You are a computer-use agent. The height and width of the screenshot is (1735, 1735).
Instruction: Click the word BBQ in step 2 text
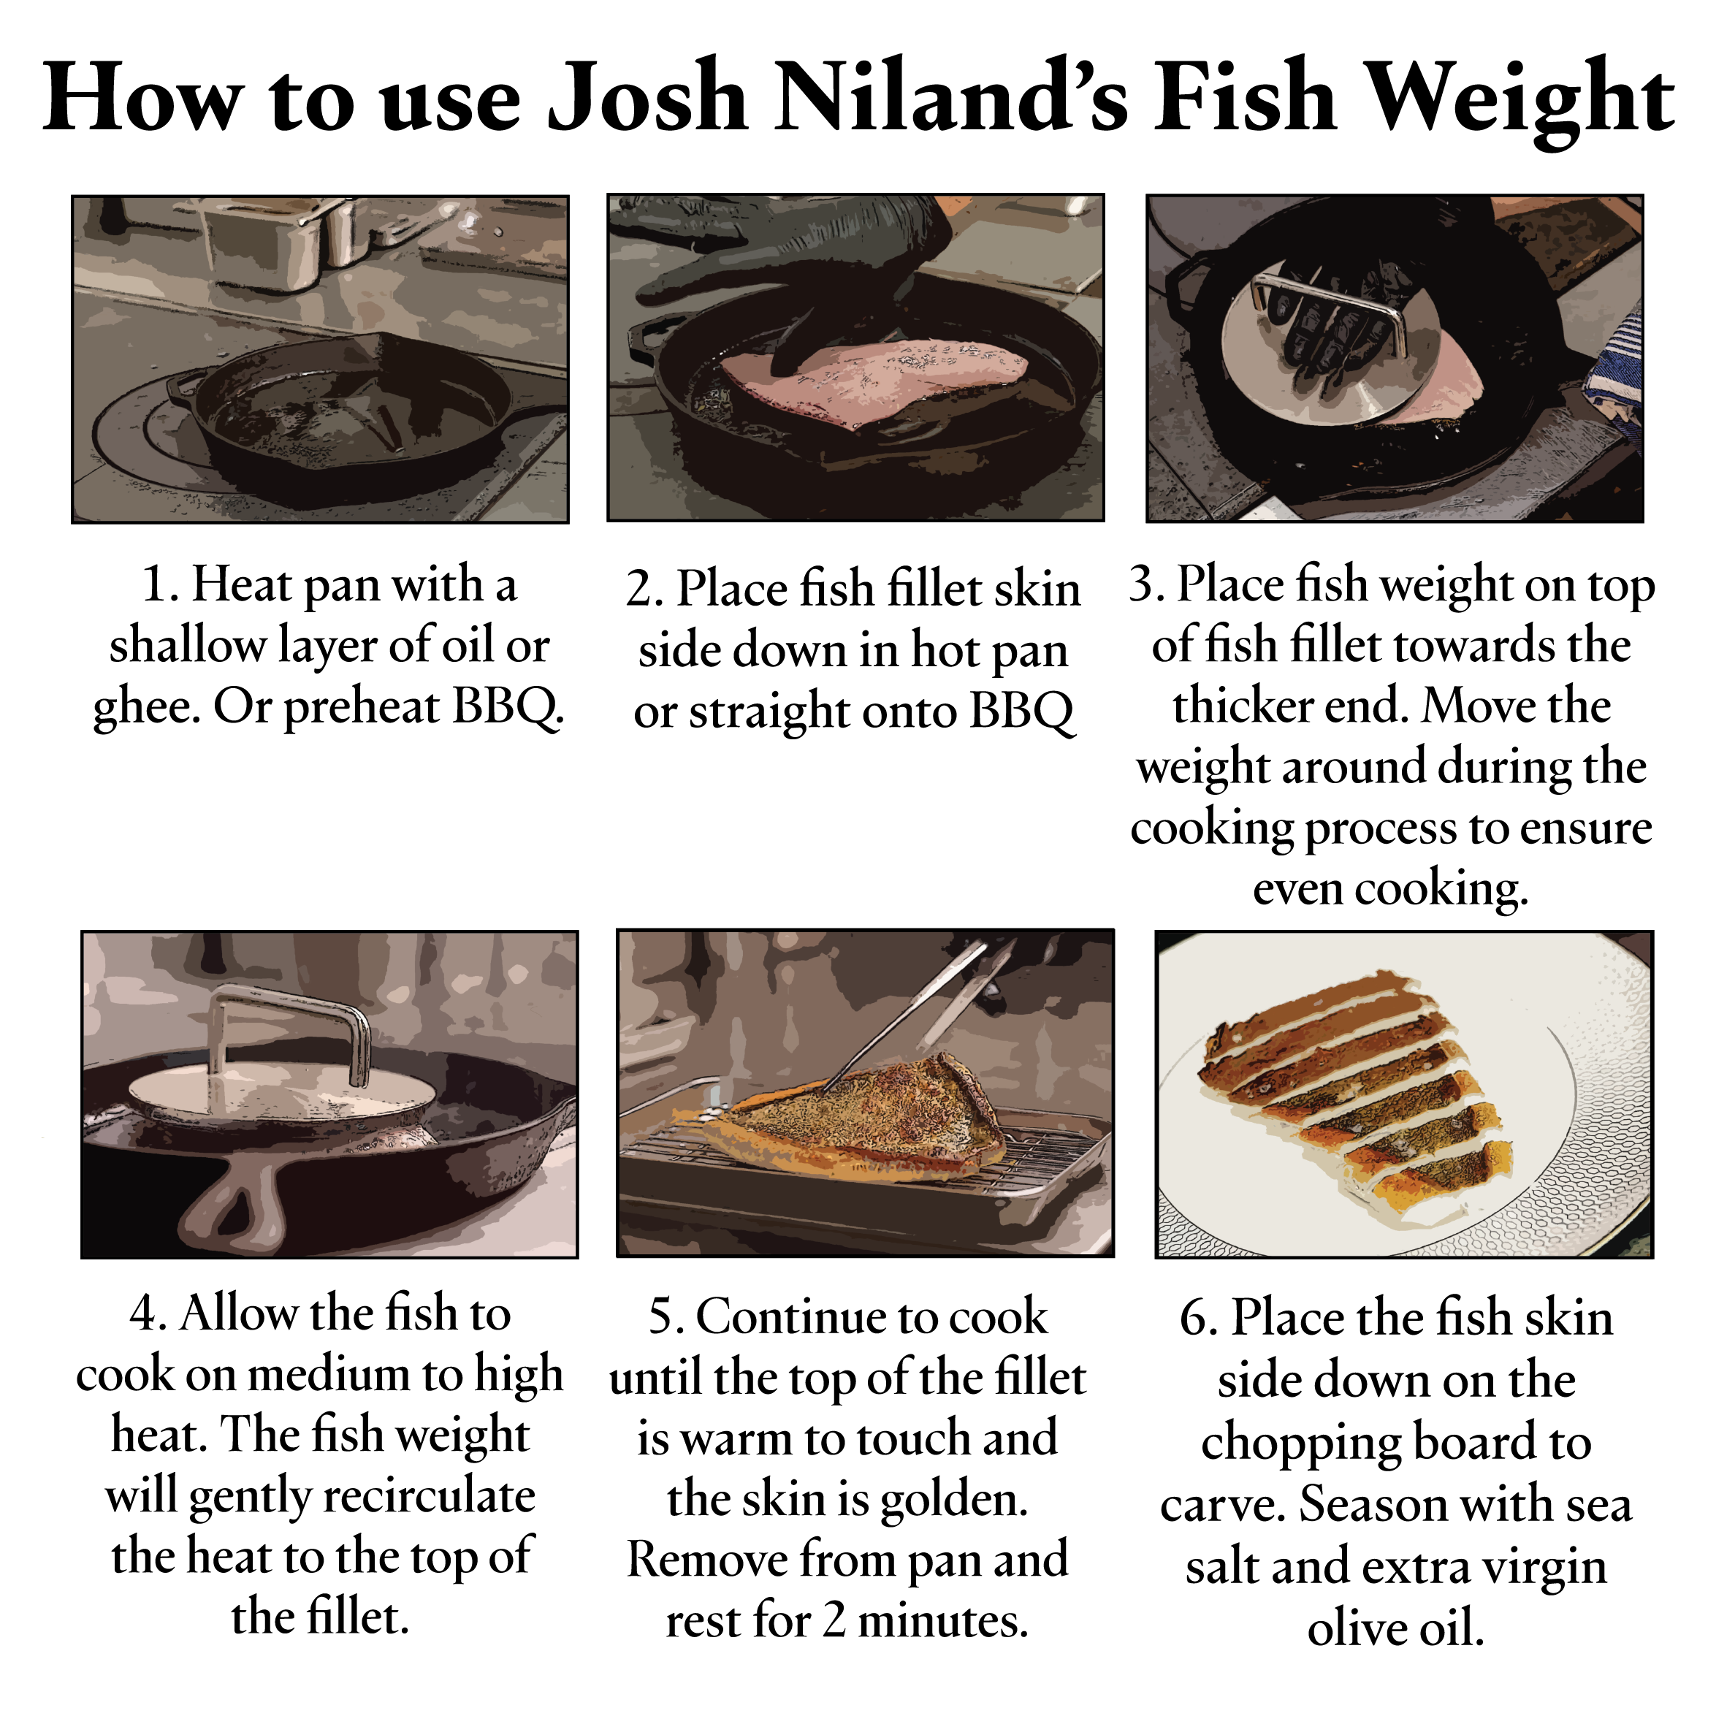(x=1021, y=714)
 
